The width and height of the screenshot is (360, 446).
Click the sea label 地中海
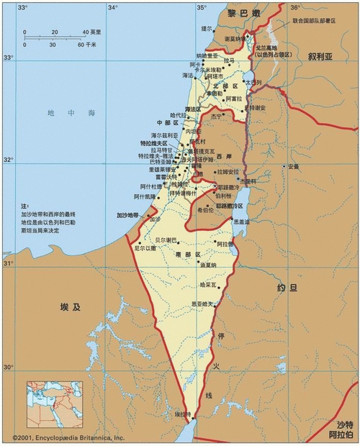61,113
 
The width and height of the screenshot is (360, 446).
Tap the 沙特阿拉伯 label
338,430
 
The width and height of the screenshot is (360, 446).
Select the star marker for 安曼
285,167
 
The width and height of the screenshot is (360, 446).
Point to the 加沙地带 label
129,215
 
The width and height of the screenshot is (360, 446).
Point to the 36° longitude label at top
294,7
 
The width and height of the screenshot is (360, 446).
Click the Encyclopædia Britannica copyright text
69,437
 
